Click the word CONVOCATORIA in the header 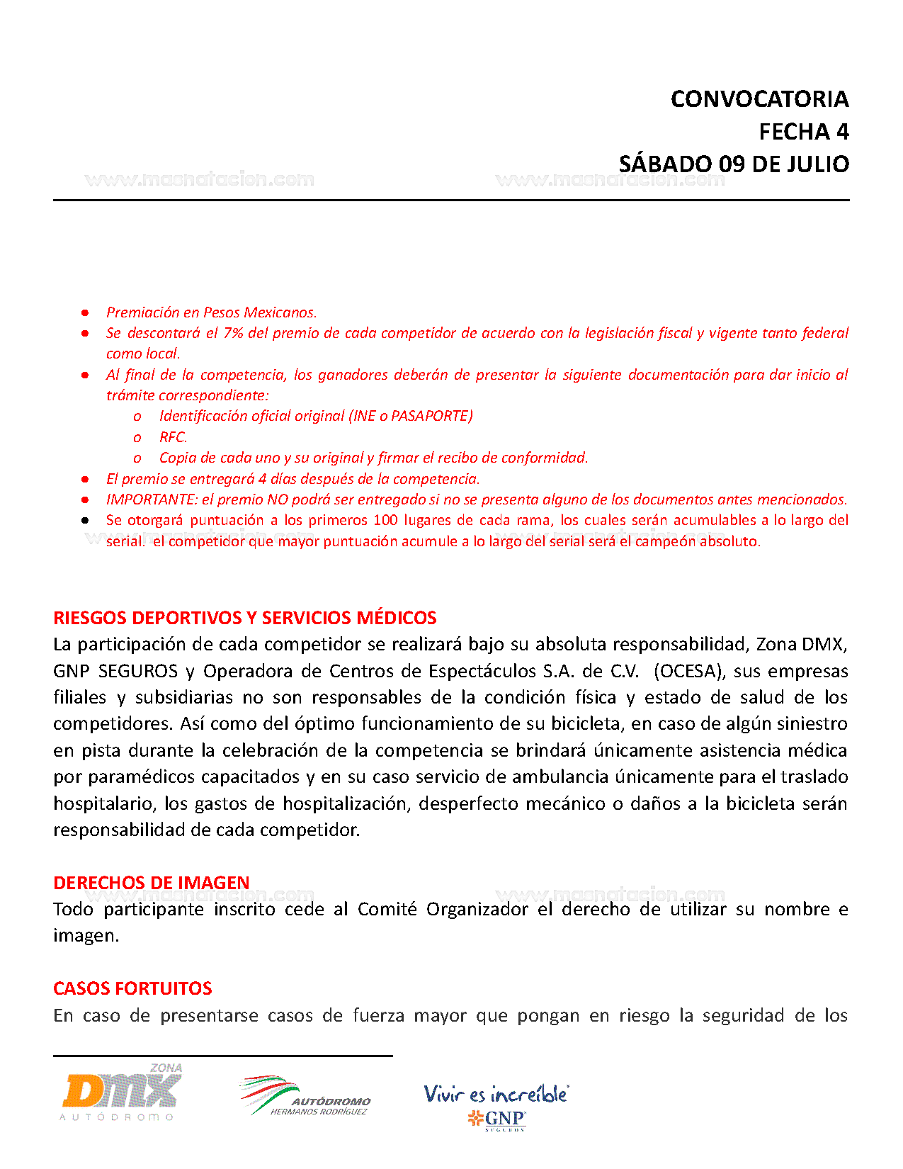759,99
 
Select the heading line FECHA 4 803,132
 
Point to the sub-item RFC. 173,437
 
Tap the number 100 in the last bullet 385,520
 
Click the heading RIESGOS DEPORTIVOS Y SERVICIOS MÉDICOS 244,618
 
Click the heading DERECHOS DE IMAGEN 151,883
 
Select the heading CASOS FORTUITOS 132,988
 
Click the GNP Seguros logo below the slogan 497,1119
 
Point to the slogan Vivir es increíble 496,1094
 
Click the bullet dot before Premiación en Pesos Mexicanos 85,312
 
